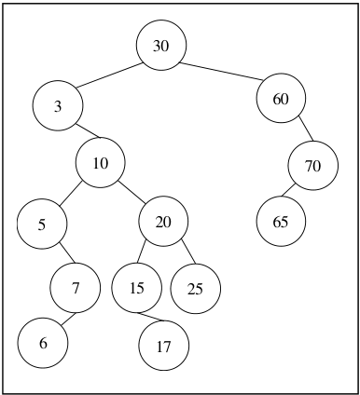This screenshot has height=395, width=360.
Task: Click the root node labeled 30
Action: click(x=161, y=45)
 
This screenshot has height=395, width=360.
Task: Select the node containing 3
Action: click(x=58, y=105)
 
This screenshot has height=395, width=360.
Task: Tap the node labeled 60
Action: click(x=281, y=98)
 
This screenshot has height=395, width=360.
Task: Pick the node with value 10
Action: click(x=100, y=163)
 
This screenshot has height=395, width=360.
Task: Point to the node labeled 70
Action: click(x=313, y=166)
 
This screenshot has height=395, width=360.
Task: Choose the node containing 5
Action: click(x=42, y=224)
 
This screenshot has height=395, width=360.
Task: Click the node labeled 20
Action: click(x=163, y=221)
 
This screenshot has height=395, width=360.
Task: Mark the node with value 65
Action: click(x=281, y=222)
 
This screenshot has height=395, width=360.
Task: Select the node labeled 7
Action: click(x=76, y=288)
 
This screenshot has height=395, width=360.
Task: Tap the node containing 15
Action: click(x=137, y=288)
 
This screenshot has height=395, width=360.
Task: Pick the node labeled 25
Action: click(x=196, y=289)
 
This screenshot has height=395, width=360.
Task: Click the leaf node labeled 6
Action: click(x=43, y=343)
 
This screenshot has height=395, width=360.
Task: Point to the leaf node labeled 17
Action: click(x=163, y=346)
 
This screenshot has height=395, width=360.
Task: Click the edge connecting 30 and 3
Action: click(x=110, y=75)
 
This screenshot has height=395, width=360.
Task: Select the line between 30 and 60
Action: click(x=222, y=72)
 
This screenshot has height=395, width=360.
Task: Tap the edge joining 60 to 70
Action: click(x=306, y=129)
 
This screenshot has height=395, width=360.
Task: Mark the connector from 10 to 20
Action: click(x=132, y=192)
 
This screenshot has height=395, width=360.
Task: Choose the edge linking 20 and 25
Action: click(x=188, y=252)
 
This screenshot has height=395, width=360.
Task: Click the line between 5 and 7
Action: click(x=67, y=252)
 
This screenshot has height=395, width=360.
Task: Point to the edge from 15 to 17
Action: click(x=151, y=317)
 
